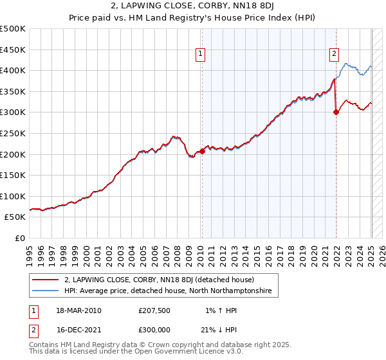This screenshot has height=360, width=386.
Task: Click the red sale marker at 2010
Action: pyautogui.click(x=202, y=152)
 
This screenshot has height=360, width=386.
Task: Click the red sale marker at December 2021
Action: pyautogui.click(x=336, y=112)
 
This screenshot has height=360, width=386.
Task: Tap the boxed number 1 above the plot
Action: pyautogui.click(x=201, y=55)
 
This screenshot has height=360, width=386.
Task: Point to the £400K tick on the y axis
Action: pyautogui.click(x=14, y=70)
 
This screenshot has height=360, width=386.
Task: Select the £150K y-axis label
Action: pyautogui.click(x=14, y=175)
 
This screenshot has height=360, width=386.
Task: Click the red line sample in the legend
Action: pyautogui.click(x=46, y=280)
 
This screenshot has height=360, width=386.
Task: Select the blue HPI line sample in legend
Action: pyautogui.click(x=46, y=291)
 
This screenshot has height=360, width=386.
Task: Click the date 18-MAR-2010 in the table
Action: pyautogui.click(x=78, y=310)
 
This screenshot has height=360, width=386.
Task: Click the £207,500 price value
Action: pyautogui.click(x=154, y=310)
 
